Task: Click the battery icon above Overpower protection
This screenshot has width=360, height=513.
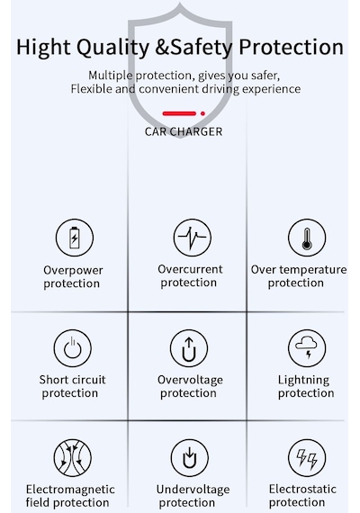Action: pos(75,238)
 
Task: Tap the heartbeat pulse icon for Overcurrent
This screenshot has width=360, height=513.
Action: pos(192,238)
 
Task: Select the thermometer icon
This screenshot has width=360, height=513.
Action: pos(307,238)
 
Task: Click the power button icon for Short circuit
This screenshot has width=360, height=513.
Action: pos(72,348)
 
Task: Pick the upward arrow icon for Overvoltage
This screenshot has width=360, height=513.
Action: pos(189,348)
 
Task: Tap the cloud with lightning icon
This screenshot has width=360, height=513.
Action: pos(307,348)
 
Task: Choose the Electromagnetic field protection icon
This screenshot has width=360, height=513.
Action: pos(72,458)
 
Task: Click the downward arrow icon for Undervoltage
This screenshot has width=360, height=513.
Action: pos(189,458)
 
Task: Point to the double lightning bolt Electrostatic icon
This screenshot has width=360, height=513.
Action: pos(307,458)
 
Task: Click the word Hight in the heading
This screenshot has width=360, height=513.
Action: pos(43,48)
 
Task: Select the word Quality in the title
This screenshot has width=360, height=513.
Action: pos(112,48)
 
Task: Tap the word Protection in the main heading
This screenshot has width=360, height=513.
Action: pos(292,47)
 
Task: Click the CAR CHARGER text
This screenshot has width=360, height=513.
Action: pos(184,131)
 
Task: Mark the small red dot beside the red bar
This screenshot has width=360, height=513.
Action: pos(202,113)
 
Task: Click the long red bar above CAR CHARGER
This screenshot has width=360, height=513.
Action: pos(179,113)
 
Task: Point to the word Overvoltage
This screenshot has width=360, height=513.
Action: pos(190,380)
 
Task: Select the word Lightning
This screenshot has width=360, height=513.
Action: pos(303,380)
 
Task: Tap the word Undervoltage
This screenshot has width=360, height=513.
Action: pos(193,490)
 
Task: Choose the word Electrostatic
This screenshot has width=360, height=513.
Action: pos(302,489)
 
